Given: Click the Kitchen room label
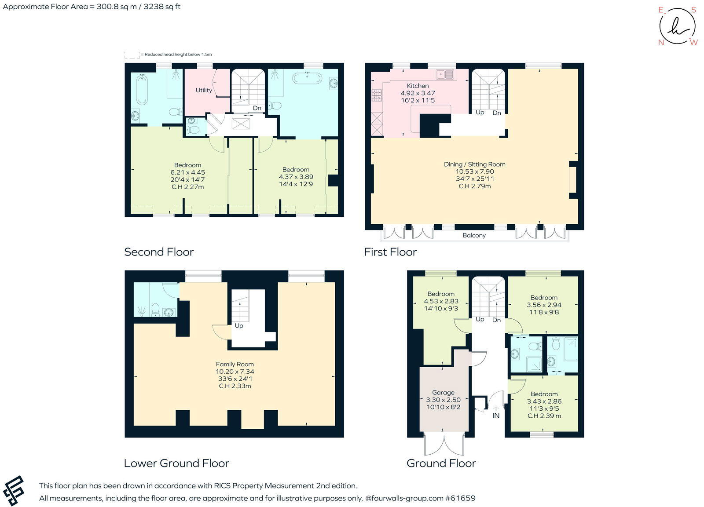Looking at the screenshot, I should (x=418, y=86).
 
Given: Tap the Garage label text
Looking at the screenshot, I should (x=443, y=392).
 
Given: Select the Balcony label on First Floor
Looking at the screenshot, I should (x=474, y=235).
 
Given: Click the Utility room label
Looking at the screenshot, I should (x=204, y=90).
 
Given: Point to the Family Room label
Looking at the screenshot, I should (x=235, y=364).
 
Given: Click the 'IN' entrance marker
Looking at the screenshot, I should (x=496, y=416).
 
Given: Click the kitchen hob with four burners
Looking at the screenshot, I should (x=377, y=95).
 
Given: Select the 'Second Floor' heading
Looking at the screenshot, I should (x=159, y=252).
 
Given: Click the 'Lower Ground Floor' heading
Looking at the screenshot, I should (x=176, y=463).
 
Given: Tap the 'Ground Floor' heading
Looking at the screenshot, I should (x=441, y=463).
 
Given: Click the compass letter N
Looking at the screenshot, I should (x=660, y=43).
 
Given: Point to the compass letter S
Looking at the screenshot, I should (x=694, y=10).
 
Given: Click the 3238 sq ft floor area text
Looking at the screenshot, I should (x=161, y=7).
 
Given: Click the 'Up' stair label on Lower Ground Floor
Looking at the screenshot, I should (x=239, y=326).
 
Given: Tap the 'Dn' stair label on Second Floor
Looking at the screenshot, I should (x=257, y=108).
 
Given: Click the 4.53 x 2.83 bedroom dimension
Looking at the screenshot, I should (x=441, y=301).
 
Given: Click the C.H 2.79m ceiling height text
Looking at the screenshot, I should (x=474, y=186).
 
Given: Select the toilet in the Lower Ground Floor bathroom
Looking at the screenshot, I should (x=155, y=310).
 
